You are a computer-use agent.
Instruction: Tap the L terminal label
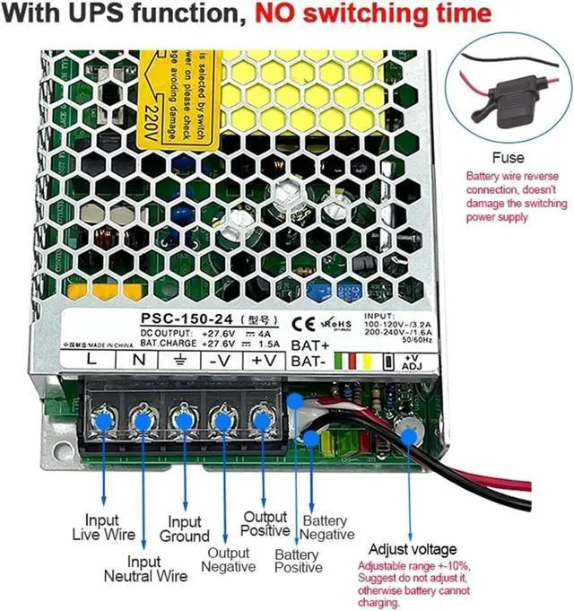[91, 359]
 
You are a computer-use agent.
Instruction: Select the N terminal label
[139, 359]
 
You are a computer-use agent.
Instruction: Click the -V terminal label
[220, 359]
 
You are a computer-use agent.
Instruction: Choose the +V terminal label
[263, 359]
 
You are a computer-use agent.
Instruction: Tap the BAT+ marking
[309, 345]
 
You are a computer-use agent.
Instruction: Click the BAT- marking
[308, 362]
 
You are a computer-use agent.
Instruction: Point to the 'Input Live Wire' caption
[102, 527]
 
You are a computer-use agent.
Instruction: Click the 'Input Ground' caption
[185, 529]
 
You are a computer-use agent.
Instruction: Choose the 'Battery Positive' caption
[299, 561]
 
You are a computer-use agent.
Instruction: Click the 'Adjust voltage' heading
[413, 549]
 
